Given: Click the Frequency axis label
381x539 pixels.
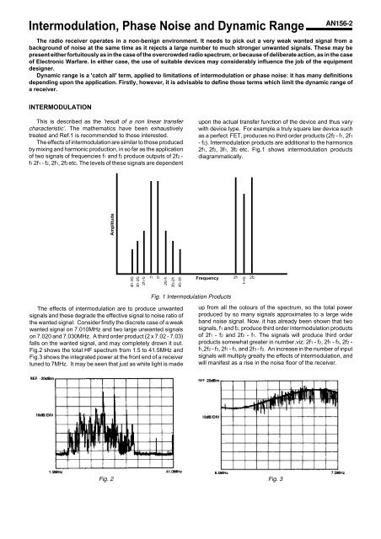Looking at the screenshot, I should pos(207,277).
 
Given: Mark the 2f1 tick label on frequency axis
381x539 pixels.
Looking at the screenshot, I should pos(234,276).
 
